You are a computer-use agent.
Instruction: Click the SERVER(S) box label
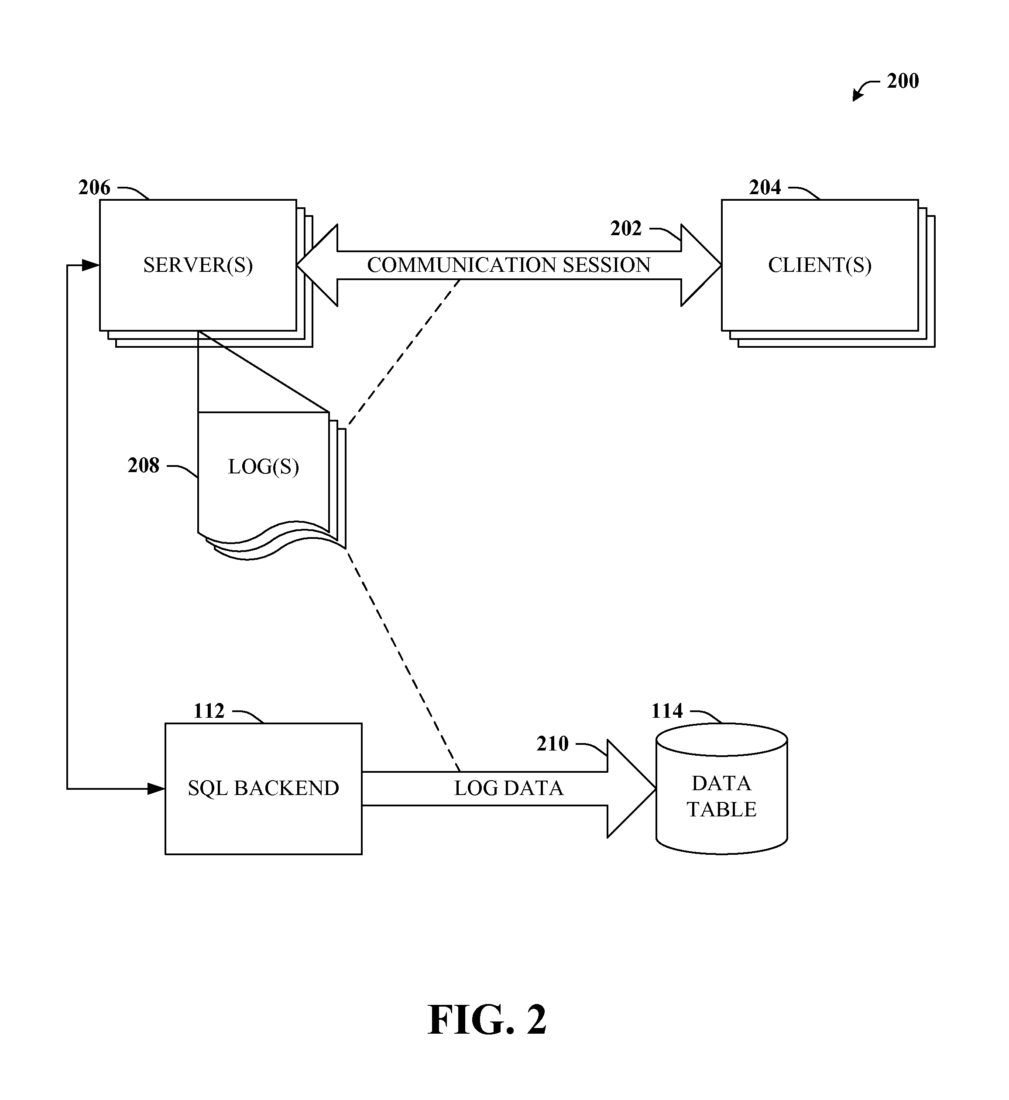point(198,265)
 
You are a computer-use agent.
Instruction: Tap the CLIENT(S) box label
point(820,265)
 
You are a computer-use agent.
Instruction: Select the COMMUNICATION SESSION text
point(508,265)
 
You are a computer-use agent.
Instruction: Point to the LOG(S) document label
point(263,467)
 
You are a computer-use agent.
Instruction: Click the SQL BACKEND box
point(263,788)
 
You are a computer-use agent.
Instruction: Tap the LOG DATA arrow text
point(508,788)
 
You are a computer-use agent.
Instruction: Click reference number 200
point(903,81)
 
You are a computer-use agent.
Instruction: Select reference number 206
point(94,188)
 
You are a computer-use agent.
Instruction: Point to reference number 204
point(765,188)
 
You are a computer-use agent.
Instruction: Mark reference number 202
point(626,229)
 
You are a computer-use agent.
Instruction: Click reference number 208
point(144,466)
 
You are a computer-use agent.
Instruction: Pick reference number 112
point(209,711)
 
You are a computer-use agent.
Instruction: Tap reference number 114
point(667,711)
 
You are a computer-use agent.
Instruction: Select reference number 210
point(553,744)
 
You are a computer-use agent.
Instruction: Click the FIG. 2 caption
point(487,1020)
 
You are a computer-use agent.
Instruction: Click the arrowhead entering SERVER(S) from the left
point(91,266)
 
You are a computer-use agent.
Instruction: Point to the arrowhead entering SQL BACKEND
point(157,789)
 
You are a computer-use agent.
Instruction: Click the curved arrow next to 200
point(864,90)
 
